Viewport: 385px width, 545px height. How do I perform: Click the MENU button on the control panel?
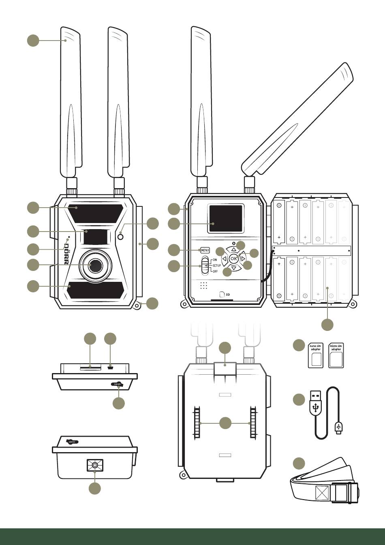[205, 250]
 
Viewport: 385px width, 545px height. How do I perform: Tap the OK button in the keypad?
[233, 258]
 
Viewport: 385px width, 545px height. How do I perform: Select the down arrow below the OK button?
[233, 268]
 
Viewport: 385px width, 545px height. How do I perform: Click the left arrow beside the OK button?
[224, 258]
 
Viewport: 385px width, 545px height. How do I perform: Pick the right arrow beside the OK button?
[243, 258]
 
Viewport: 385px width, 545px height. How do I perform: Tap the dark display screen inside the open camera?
[226, 219]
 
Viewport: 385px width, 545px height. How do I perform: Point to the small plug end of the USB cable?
[339, 427]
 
